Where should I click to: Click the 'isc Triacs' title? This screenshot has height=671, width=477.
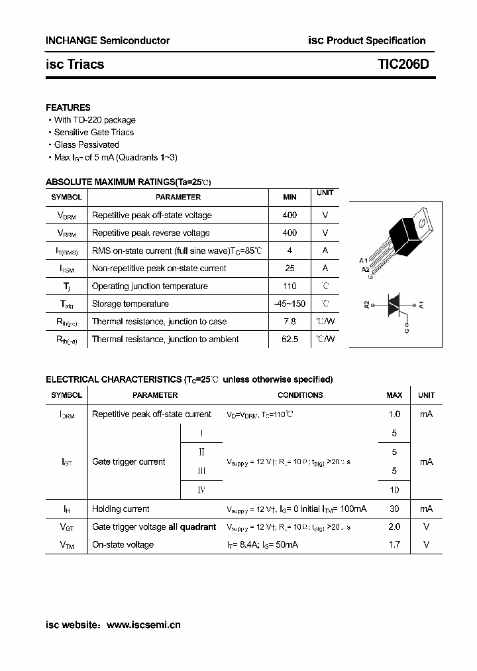tap(75, 64)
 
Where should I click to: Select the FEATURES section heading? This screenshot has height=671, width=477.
tap(68, 107)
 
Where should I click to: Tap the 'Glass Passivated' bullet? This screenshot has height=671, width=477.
tap(86, 145)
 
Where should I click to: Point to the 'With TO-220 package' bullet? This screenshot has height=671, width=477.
tap(95, 120)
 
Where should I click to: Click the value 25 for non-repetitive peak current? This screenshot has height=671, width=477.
tap(290, 269)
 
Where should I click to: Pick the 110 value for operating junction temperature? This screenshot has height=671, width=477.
tap(290, 286)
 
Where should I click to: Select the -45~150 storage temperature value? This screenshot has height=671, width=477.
tap(290, 304)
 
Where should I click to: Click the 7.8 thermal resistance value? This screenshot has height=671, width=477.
tap(290, 322)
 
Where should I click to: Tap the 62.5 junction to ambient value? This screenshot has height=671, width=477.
tap(290, 339)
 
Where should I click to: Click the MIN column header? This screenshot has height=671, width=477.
tap(290, 197)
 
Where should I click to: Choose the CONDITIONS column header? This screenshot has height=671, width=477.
tap(300, 395)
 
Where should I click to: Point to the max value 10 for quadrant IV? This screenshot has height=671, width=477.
tap(394, 490)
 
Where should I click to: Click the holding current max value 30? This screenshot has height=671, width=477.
tap(394, 509)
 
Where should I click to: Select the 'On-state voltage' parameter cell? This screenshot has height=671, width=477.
tap(123, 545)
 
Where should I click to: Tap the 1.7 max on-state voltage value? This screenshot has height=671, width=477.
tap(394, 545)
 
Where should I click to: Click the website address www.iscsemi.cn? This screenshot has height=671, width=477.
tap(143, 625)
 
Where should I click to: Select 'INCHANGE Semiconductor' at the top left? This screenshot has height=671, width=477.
tap(107, 40)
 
